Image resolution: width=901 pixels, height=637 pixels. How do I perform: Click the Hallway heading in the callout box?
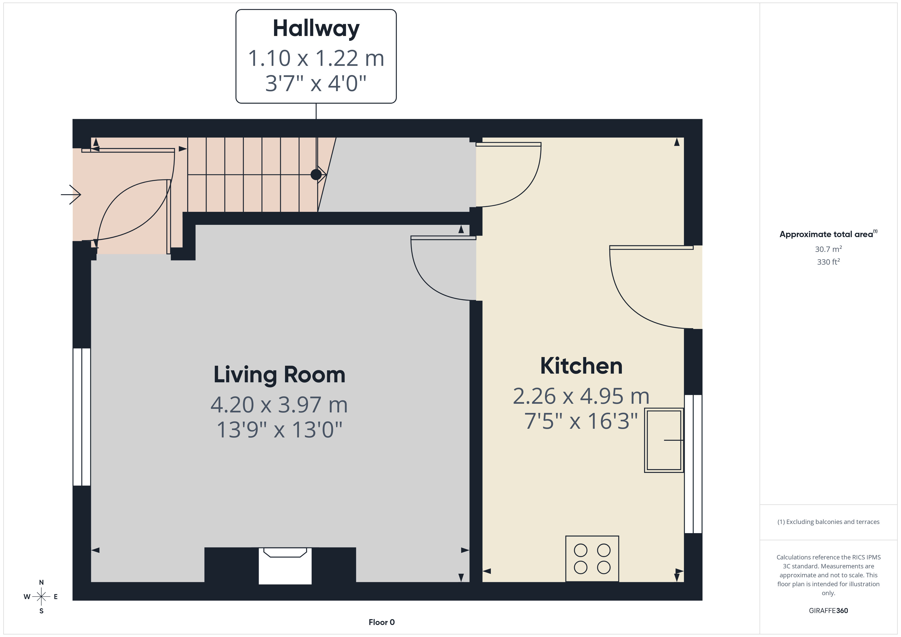(x=316, y=29)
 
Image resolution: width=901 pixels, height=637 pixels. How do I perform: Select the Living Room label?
(x=279, y=375)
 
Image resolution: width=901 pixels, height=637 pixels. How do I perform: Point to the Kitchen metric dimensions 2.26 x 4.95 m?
(x=581, y=396)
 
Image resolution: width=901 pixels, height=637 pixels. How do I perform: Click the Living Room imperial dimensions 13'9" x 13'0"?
(x=279, y=430)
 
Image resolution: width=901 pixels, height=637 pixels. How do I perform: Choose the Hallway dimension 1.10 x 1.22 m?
(x=316, y=58)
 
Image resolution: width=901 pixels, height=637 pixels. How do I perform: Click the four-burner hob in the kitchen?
(x=592, y=559)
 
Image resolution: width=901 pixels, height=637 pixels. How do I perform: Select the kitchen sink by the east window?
(x=664, y=440)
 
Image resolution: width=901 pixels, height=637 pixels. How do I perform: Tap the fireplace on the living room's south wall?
(x=285, y=565)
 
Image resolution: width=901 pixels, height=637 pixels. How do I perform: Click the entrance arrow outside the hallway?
(x=71, y=194)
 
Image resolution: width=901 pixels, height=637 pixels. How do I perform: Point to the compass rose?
(x=41, y=597)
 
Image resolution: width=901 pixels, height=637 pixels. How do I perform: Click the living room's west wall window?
(x=82, y=417)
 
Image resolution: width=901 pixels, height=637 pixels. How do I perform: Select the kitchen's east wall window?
(x=693, y=464)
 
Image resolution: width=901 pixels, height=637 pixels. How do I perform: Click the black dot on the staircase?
(x=316, y=175)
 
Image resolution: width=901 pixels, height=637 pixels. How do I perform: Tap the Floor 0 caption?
(x=382, y=622)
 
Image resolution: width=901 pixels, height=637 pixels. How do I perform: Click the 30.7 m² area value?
(x=828, y=249)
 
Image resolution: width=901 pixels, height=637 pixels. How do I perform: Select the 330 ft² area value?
(x=828, y=262)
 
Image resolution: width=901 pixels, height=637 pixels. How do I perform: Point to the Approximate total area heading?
(x=828, y=234)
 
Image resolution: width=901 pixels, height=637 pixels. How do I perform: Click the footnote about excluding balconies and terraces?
(x=828, y=522)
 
